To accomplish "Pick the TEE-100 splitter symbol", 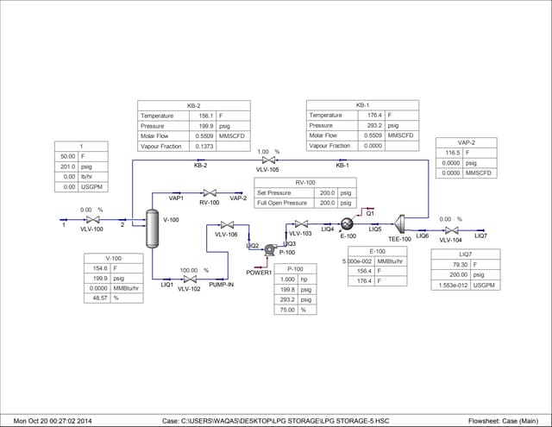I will coord(400,223).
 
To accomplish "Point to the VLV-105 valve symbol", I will coord(268,160).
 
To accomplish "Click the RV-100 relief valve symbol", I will coord(209,192).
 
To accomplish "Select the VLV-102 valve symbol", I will coord(189,279).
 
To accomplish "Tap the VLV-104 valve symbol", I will coord(450,229).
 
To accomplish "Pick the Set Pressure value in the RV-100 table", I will coord(326,192).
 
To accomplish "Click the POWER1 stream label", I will coord(259,273).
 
